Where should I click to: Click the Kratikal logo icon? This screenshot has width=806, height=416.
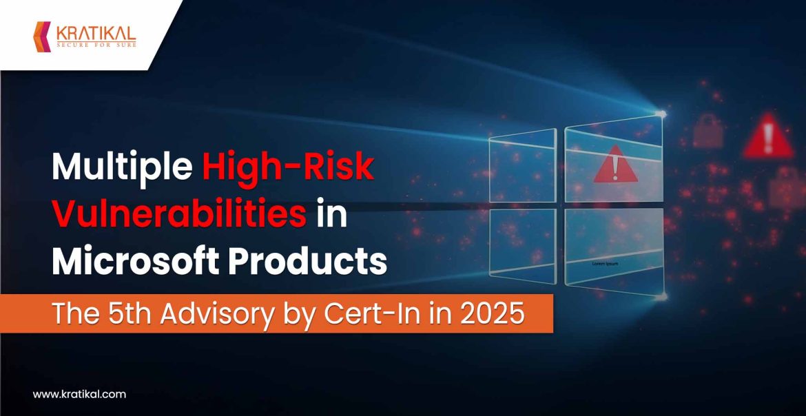click(x=43, y=36)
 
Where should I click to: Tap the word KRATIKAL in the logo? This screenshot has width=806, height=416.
click(x=94, y=32)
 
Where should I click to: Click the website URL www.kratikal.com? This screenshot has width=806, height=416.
click(x=80, y=395)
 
